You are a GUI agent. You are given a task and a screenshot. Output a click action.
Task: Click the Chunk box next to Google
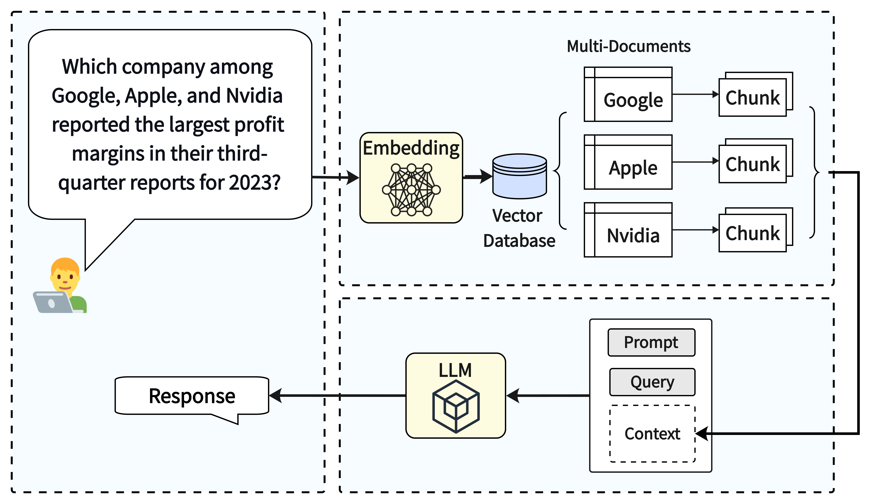tap(756, 94)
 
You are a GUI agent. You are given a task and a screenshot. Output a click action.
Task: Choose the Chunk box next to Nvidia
tap(756, 230)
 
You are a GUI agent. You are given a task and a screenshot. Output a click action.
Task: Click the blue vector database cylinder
tap(519, 176)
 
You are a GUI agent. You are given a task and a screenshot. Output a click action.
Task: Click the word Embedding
tap(411, 148)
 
